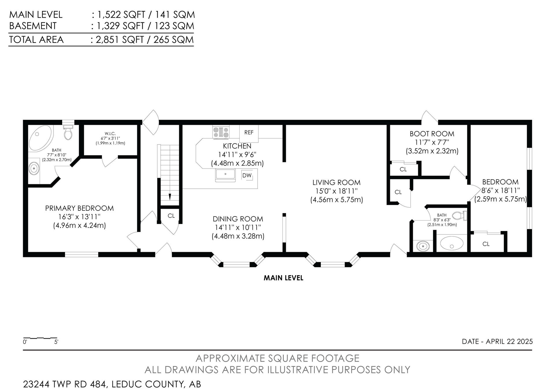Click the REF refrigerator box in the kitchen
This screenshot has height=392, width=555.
click(249, 134)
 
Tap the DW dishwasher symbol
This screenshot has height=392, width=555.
click(247, 175)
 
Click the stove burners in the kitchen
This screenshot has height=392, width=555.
click(221, 132)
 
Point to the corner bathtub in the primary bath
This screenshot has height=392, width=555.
click(40, 138)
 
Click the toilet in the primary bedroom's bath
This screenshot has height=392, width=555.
click(68, 132)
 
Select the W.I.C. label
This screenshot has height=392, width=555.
click(110, 134)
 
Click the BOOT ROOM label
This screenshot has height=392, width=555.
click(432, 134)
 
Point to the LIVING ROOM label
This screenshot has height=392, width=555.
click(336, 183)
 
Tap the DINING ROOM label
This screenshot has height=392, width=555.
click(238, 219)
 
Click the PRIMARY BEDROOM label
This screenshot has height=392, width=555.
click(79, 208)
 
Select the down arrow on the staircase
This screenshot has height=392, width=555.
click(170, 197)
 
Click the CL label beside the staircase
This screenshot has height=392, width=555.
click(171, 216)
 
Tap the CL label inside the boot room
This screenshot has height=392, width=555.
click(403, 169)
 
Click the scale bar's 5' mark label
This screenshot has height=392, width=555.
click(56, 342)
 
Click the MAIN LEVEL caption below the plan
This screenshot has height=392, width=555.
click(283, 278)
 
